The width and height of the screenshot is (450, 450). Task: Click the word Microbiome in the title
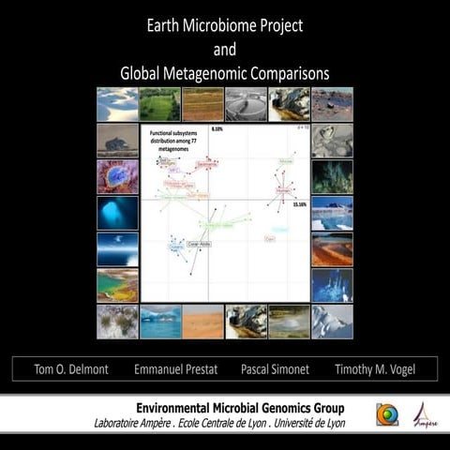[223, 25]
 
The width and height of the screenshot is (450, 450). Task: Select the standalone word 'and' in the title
[225, 49]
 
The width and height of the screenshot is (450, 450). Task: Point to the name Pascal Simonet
[273, 368]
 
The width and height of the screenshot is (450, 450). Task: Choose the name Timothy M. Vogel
[379, 368]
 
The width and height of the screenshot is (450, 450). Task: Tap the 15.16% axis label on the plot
[299, 203]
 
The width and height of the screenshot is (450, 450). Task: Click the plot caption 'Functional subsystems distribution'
[173, 138]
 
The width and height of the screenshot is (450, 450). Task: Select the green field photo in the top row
[159, 104]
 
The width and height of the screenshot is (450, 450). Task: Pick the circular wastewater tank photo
[246, 104]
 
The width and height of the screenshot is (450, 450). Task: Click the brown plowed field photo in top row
[202, 104]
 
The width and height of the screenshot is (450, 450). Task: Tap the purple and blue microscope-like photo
[117, 176]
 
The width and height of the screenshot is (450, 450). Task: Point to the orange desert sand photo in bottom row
[202, 321]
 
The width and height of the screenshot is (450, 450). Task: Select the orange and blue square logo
[385, 414]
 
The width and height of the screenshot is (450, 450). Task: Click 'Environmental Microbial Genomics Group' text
[240, 408]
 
